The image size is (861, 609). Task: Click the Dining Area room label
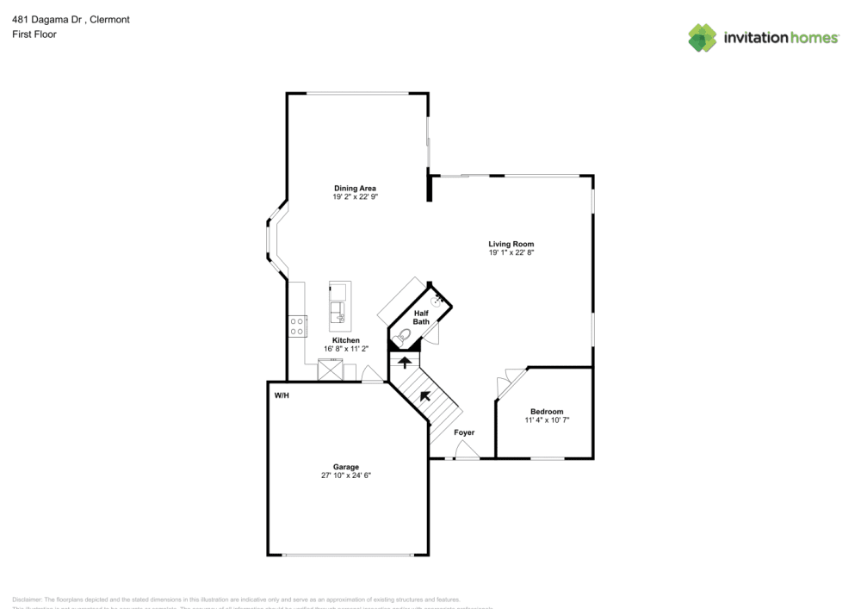tap(355, 188)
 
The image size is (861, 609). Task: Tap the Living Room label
tap(511, 244)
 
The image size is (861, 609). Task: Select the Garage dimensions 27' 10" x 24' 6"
tap(347, 475)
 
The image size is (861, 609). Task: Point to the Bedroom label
tap(547, 411)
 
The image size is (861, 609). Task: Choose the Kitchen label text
tap(346, 340)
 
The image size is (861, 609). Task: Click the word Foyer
tap(464, 432)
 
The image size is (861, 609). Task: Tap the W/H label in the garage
tap(282, 395)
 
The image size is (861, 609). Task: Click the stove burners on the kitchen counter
tap(297, 326)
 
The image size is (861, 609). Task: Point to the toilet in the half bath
tap(403, 336)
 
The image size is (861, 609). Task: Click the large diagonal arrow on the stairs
tap(425, 396)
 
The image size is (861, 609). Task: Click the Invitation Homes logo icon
tap(703, 37)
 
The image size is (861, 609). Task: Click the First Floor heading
tap(34, 34)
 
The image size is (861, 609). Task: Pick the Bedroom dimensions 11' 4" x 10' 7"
tap(547, 420)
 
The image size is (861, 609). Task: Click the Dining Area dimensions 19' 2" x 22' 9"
tap(355, 197)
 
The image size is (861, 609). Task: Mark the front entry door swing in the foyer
tap(464, 450)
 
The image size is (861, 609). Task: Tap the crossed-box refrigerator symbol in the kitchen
tap(328, 371)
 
